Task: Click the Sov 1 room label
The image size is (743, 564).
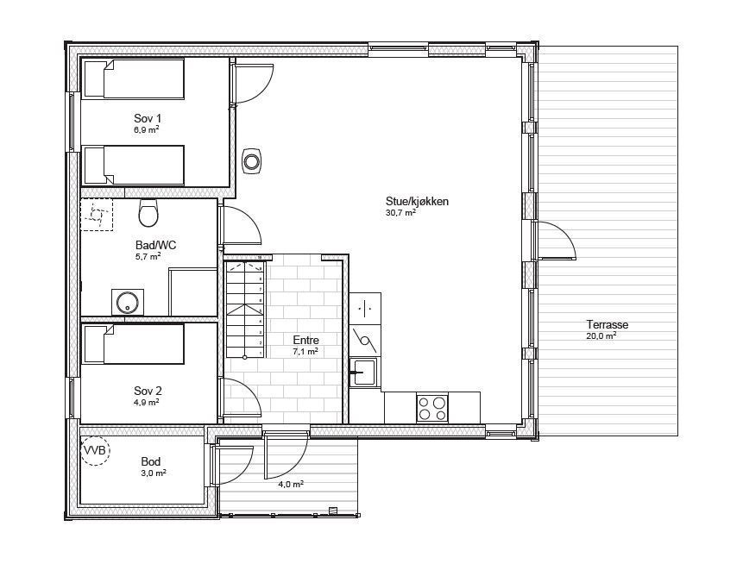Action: (x=147, y=118)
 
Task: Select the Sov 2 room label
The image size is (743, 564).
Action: (x=147, y=391)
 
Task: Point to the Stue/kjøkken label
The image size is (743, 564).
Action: (x=418, y=202)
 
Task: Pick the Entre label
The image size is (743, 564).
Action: (x=305, y=341)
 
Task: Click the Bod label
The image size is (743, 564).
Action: (x=151, y=462)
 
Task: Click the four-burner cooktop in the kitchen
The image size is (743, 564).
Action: (x=431, y=407)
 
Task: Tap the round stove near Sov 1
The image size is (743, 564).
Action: (x=252, y=160)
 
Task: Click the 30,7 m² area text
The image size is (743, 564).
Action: (x=401, y=212)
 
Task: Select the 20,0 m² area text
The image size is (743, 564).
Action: (x=601, y=336)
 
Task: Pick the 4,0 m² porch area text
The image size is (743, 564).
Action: (x=290, y=485)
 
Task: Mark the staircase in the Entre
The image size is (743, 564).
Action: (x=243, y=310)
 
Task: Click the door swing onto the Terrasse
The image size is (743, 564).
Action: (x=556, y=241)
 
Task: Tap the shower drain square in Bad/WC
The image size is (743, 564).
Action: (x=98, y=214)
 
